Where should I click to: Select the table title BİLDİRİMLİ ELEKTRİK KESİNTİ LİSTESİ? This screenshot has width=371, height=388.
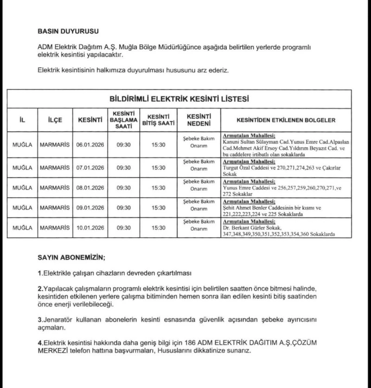[179, 98]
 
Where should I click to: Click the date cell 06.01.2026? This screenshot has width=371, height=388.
[90, 145]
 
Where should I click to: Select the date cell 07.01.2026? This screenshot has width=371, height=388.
[90, 166]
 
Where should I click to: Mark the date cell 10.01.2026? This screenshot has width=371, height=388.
[90, 228]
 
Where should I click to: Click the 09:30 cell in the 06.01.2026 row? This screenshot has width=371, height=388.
[123, 145]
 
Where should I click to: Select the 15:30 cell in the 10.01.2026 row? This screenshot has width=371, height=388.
[159, 228]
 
